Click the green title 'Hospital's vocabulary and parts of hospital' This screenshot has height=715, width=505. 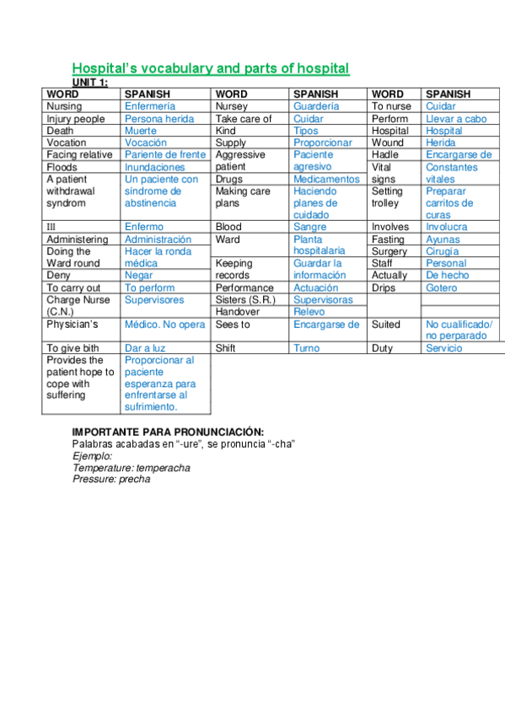tap(210, 68)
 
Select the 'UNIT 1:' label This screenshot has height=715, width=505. tap(89, 82)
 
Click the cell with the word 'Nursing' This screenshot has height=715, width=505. tap(64, 107)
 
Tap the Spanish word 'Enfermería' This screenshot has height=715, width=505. tap(150, 107)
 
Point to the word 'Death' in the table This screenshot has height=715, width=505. tap(60, 131)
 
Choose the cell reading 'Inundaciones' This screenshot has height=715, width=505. tap(155, 167)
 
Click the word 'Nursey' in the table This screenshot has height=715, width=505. tap(232, 107)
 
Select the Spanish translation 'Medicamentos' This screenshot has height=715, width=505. tap(326, 179)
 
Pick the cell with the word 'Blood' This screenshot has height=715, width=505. tap(228, 227)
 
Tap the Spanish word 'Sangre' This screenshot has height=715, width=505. tap(310, 227)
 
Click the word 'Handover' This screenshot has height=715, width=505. tap(238, 312)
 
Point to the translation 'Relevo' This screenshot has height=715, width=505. tap(309, 312)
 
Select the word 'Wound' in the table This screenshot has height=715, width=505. tap(388, 142)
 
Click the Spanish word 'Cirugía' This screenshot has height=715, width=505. tap(443, 251)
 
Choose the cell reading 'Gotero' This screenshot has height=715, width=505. tap(442, 288)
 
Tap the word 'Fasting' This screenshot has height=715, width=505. tap(388, 239)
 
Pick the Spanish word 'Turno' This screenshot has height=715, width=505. tap(307, 348)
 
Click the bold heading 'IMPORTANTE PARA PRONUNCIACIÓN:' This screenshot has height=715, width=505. tap(168, 433)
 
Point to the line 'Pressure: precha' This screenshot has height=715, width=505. tap(111, 479)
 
